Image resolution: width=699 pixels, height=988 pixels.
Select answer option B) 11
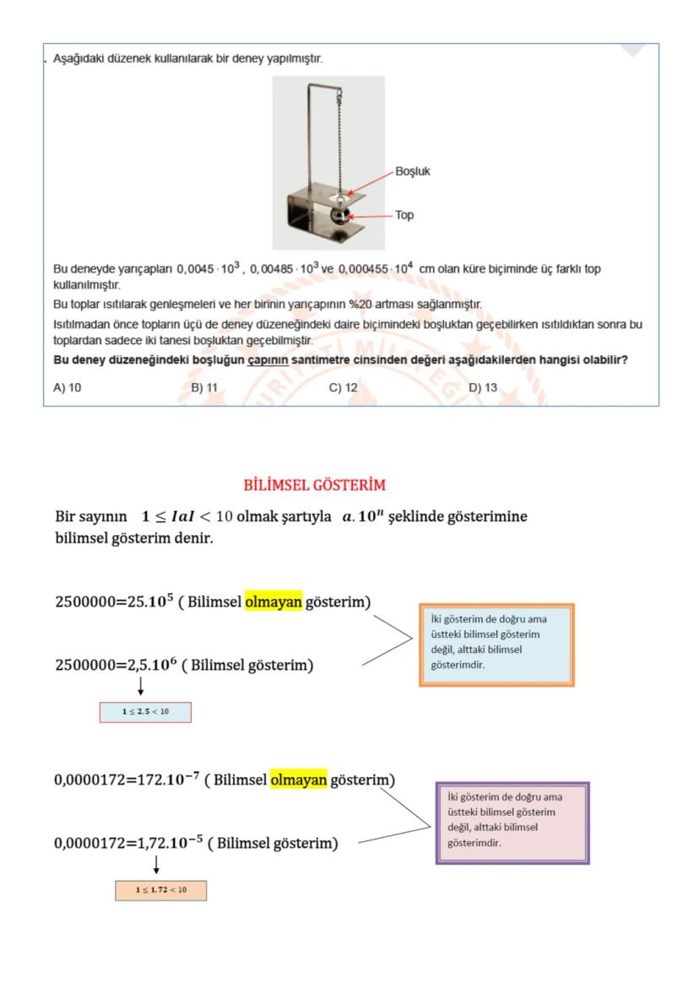(x=204, y=388)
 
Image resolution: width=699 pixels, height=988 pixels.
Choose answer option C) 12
(x=343, y=388)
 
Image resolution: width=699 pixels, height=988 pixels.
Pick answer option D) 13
(x=483, y=388)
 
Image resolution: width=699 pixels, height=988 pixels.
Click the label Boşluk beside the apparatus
(x=413, y=171)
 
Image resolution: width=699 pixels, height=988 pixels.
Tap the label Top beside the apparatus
(x=404, y=215)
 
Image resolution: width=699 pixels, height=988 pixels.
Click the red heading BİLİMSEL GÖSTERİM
(x=314, y=485)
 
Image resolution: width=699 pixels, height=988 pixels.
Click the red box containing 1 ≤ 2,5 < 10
(x=145, y=712)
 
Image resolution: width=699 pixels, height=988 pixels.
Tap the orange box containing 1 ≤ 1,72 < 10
(x=160, y=890)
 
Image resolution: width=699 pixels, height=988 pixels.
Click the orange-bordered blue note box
(x=496, y=644)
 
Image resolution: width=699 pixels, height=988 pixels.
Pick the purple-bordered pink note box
(x=512, y=822)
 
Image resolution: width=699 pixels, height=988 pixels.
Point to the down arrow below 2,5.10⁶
(x=140, y=686)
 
